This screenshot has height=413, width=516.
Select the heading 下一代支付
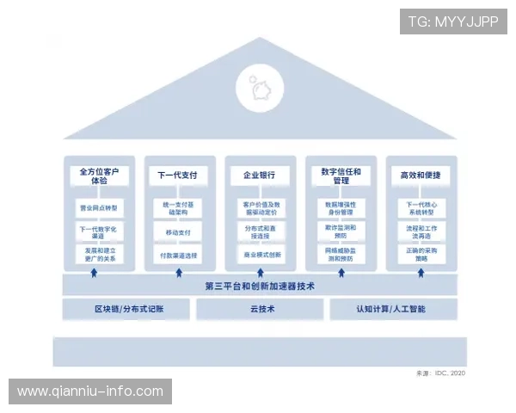tap(177, 176)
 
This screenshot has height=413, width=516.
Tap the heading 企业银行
tap(258, 176)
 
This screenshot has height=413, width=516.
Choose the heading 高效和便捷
tap(421, 176)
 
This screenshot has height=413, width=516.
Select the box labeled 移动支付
tap(177, 232)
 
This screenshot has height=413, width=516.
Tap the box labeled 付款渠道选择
tap(177, 256)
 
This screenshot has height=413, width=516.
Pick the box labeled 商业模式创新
tap(258, 256)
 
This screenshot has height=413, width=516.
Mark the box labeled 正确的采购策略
tap(421, 254)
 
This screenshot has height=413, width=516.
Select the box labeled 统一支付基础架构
tap(177, 208)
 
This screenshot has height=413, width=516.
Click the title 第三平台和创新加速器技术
tap(258, 286)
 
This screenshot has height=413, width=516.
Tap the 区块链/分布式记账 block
tap(128, 309)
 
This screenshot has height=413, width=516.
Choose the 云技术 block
tap(259, 309)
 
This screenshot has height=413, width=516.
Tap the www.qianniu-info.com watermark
tap(89, 391)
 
